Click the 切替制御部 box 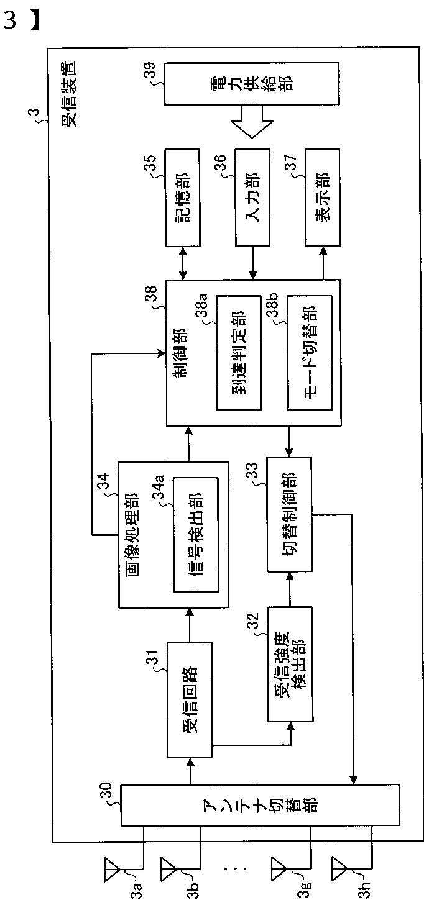(288, 514)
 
